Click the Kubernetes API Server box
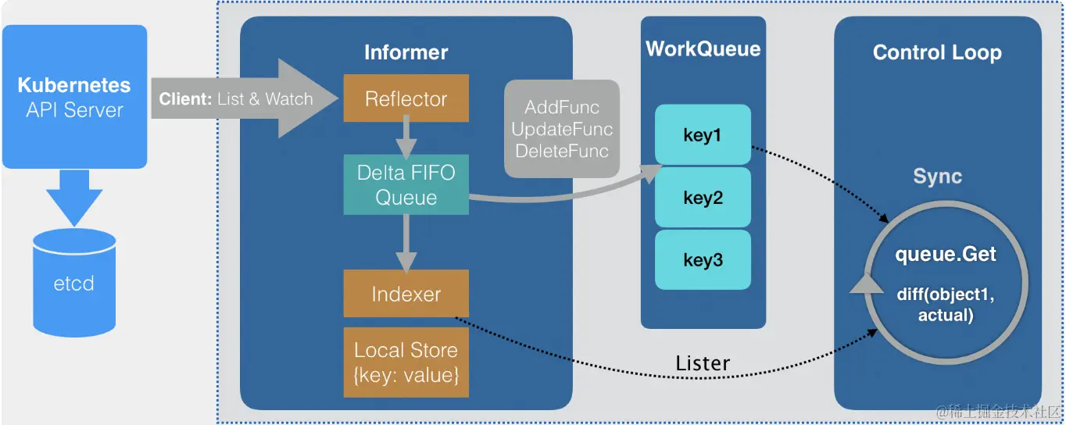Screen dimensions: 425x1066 coord(74,97)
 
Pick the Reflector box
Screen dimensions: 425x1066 coord(406,99)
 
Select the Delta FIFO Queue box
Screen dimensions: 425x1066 coord(406,184)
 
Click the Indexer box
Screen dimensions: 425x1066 coord(406,294)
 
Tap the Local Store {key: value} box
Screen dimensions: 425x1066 coord(406,362)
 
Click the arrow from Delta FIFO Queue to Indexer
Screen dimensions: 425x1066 coord(406,241)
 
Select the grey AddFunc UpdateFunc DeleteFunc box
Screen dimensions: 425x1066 coord(562,128)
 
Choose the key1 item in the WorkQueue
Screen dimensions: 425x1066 coord(702,135)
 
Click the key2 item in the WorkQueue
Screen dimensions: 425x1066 coord(702,198)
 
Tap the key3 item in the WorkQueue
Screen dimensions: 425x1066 coord(702,259)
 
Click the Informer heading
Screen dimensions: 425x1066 coord(406,52)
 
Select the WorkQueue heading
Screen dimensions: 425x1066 coord(703,48)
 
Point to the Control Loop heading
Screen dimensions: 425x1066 coord(936,52)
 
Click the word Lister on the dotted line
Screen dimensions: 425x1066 coord(702,363)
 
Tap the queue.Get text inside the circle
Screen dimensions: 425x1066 coord(946,255)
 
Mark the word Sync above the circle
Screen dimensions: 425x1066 coord(937,177)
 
